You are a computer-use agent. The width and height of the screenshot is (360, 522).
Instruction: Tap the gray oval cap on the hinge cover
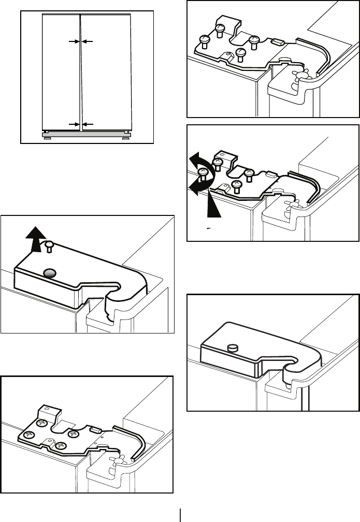pyautogui.click(x=50, y=272)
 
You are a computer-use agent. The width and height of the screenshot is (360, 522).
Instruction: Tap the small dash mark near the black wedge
pyautogui.click(x=209, y=227)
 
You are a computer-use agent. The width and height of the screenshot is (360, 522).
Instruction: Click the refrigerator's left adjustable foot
pyautogui.click(x=47, y=138)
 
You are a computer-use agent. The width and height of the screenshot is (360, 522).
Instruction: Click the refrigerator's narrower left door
pyautogui.click(x=60, y=72)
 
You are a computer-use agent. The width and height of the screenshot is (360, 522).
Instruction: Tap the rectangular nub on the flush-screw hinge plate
pyautogui.click(x=95, y=429)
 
